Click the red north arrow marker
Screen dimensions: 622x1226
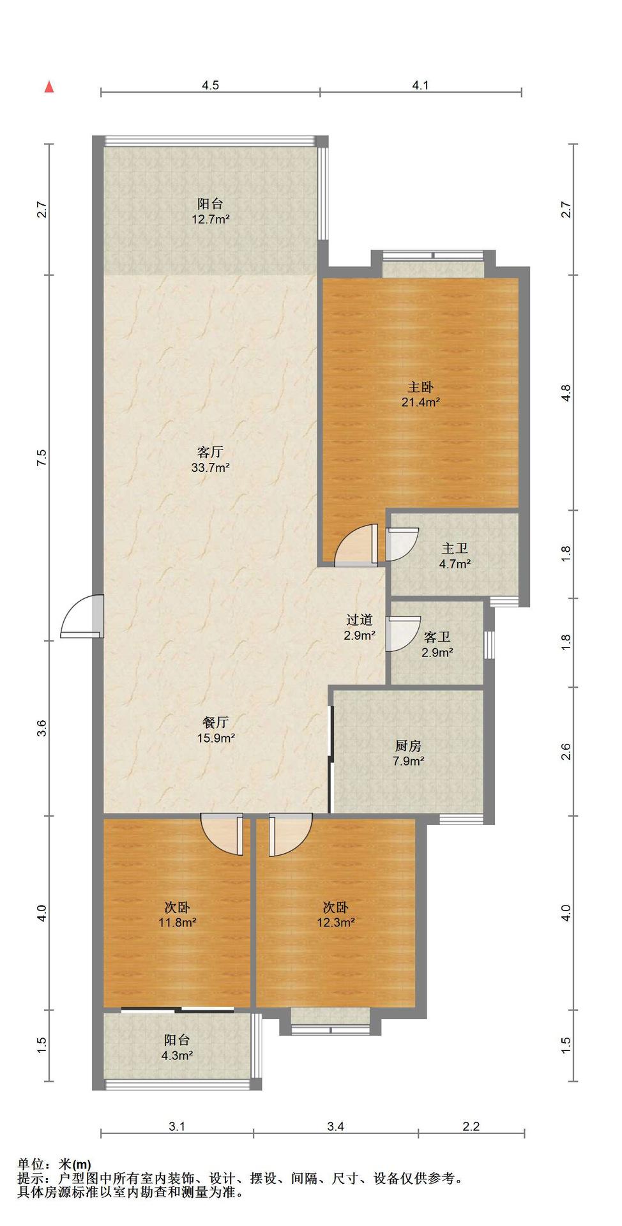click(49, 87)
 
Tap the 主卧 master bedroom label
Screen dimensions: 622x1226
click(421, 387)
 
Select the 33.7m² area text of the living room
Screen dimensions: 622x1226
click(210, 467)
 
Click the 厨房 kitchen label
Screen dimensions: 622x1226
click(408, 746)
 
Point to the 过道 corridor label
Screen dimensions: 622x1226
click(360, 619)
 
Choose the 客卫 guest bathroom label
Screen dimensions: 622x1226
click(437, 637)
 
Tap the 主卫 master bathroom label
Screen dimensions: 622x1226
click(455, 549)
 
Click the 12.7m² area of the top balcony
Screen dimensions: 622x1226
click(210, 220)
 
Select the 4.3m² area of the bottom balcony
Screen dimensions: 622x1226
click(177, 1056)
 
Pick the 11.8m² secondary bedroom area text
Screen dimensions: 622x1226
click(177, 923)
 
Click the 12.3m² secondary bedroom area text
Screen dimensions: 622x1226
click(335, 923)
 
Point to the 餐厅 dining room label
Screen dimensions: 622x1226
click(216, 723)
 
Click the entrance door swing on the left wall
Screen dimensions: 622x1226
click(82, 617)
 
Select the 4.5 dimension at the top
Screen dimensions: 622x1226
click(210, 85)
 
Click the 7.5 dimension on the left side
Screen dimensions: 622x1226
click(42, 458)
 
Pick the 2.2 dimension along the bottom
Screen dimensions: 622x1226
click(471, 1126)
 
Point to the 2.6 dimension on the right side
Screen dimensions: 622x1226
click(566, 752)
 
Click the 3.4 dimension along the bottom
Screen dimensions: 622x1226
click(336, 1126)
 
